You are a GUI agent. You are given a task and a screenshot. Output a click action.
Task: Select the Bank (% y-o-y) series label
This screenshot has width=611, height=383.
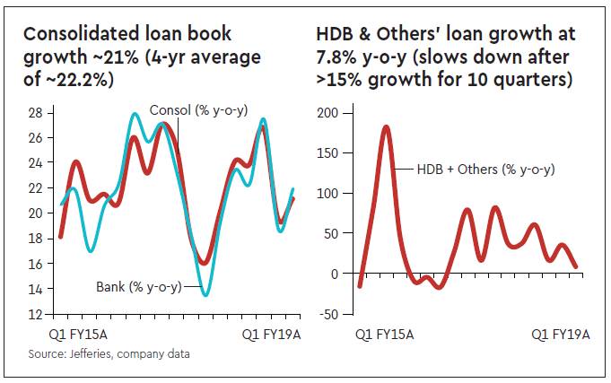tap(138, 287)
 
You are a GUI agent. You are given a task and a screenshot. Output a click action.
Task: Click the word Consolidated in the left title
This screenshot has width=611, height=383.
tap(81, 34)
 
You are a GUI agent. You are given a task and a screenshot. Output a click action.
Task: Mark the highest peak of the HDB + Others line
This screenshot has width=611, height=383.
tap(386, 127)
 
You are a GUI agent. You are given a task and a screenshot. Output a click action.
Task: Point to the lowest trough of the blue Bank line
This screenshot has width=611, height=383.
tap(205, 294)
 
